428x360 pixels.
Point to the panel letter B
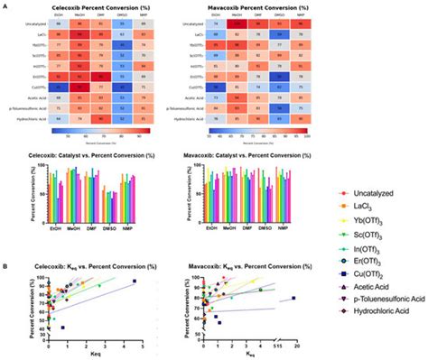point(5,264)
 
